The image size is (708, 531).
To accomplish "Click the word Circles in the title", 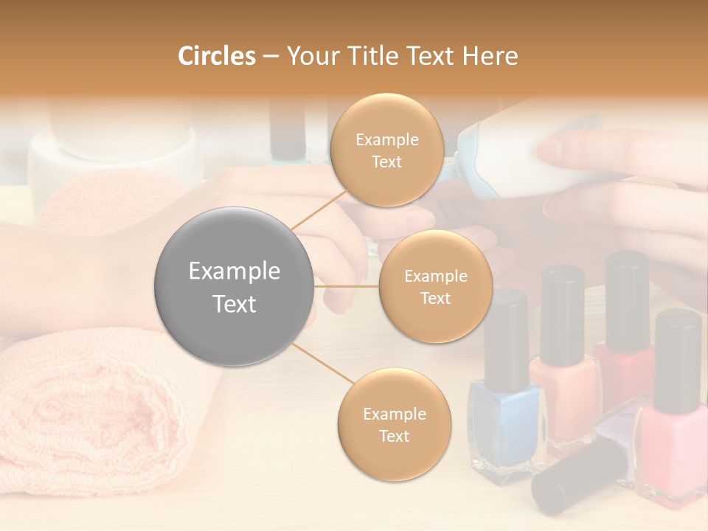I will tap(216, 56).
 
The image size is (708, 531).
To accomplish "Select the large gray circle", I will tap(235, 286).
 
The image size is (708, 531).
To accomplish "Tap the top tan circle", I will tap(386, 150).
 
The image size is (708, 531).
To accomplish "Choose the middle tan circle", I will tap(435, 286).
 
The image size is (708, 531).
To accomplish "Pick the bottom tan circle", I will tap(394, 424).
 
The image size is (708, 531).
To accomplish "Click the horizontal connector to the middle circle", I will tap(347, 286).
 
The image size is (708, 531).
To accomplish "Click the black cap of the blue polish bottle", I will tap(507, 328).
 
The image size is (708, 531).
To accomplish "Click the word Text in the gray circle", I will tap(235, 304).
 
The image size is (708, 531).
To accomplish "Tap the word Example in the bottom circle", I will tap(394, 414).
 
